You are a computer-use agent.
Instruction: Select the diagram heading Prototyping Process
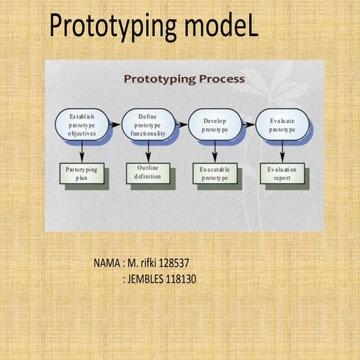click(x=184, y=78)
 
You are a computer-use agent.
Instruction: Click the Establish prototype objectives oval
click(x=82, y=124)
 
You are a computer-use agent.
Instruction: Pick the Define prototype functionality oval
click(x=148, y=124)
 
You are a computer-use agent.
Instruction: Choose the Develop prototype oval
click(x=214, y=124)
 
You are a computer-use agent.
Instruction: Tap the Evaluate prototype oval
click(x=282, y=124)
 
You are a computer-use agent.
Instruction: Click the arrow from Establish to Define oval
click(x=114, y=124)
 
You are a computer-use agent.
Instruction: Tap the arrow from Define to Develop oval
click(x=181, y=124)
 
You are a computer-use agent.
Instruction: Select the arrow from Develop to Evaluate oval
click(x=248, y=124)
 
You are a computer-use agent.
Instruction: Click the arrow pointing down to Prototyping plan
click(x=82, y=152)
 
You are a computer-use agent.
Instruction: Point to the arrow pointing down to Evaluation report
click(x=282, y=152)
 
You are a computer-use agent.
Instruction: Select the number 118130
click(x=180, y=280)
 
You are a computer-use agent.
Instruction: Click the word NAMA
click(x=107, y=264)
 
